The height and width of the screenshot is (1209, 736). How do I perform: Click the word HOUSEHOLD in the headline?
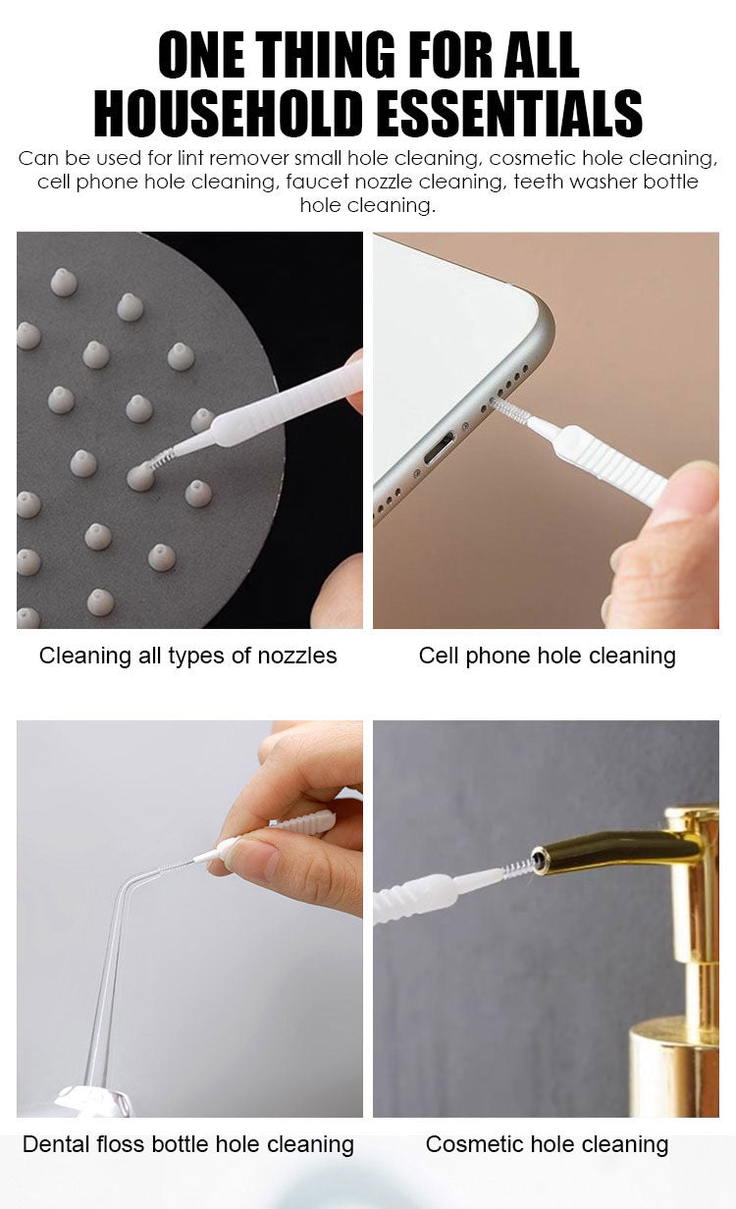pos(229,114)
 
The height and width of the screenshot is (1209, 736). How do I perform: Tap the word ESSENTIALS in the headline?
pos(507,114)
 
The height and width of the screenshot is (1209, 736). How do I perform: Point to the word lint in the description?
pos(190,158)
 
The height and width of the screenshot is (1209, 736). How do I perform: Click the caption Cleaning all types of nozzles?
pos(187,656)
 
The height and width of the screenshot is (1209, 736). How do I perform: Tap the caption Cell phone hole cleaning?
pos(548,656)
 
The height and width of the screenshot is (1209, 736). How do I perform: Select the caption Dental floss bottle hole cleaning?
pos(187,1144)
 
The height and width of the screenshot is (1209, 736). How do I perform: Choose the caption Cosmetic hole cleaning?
pos(548,1144)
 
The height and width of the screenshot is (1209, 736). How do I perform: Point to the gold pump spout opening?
pos(538,858)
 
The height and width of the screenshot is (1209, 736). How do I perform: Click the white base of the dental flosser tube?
pos(93,1102)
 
